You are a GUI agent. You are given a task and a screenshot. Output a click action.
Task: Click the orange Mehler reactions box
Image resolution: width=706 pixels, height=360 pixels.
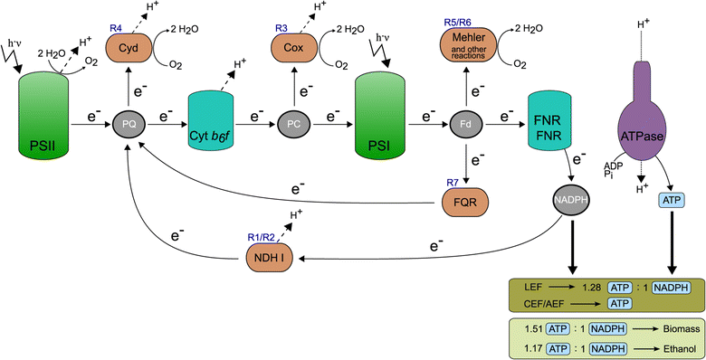pos(464,43)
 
